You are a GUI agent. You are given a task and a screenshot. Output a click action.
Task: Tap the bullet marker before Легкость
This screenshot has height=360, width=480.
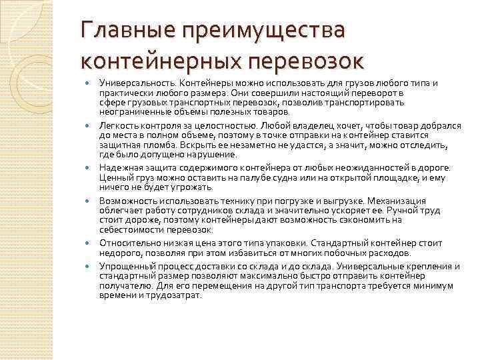89,125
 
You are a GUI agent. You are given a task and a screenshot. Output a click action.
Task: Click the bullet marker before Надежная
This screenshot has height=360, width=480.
89,167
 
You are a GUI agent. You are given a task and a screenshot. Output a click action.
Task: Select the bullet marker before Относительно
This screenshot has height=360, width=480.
89,243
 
